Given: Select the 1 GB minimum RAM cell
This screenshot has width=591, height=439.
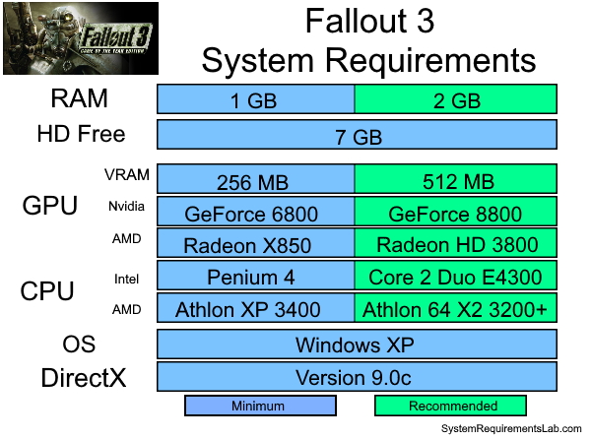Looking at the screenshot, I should (256, 99).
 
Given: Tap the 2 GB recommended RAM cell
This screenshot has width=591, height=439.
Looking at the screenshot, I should (456, 99).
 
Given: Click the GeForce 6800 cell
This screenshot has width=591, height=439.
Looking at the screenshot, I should (256, 212).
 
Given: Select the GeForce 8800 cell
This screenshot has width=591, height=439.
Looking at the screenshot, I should (456, 212).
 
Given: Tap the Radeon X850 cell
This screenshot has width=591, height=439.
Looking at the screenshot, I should (256, 244).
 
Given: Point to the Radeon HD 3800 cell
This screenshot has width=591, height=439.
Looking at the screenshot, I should (456, 244).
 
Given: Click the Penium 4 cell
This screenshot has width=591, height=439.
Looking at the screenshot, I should (256, 277).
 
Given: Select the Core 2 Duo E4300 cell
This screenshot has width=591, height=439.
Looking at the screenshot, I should (456, 277).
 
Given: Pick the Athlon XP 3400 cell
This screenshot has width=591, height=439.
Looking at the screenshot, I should (256, 309).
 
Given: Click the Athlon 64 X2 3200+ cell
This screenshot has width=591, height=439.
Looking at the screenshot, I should (456, 309).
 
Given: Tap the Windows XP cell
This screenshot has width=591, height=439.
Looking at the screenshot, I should (357, 345).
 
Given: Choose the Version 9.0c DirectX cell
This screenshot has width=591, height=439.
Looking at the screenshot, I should (357, 377).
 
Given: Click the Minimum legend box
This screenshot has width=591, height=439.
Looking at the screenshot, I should (260, 406).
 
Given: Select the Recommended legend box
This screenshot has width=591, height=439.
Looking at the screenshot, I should (450, 406).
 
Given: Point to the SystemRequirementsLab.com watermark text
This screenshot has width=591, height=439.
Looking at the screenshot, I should (511, 430).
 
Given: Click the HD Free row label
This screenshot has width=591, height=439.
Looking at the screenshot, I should (81, 134).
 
